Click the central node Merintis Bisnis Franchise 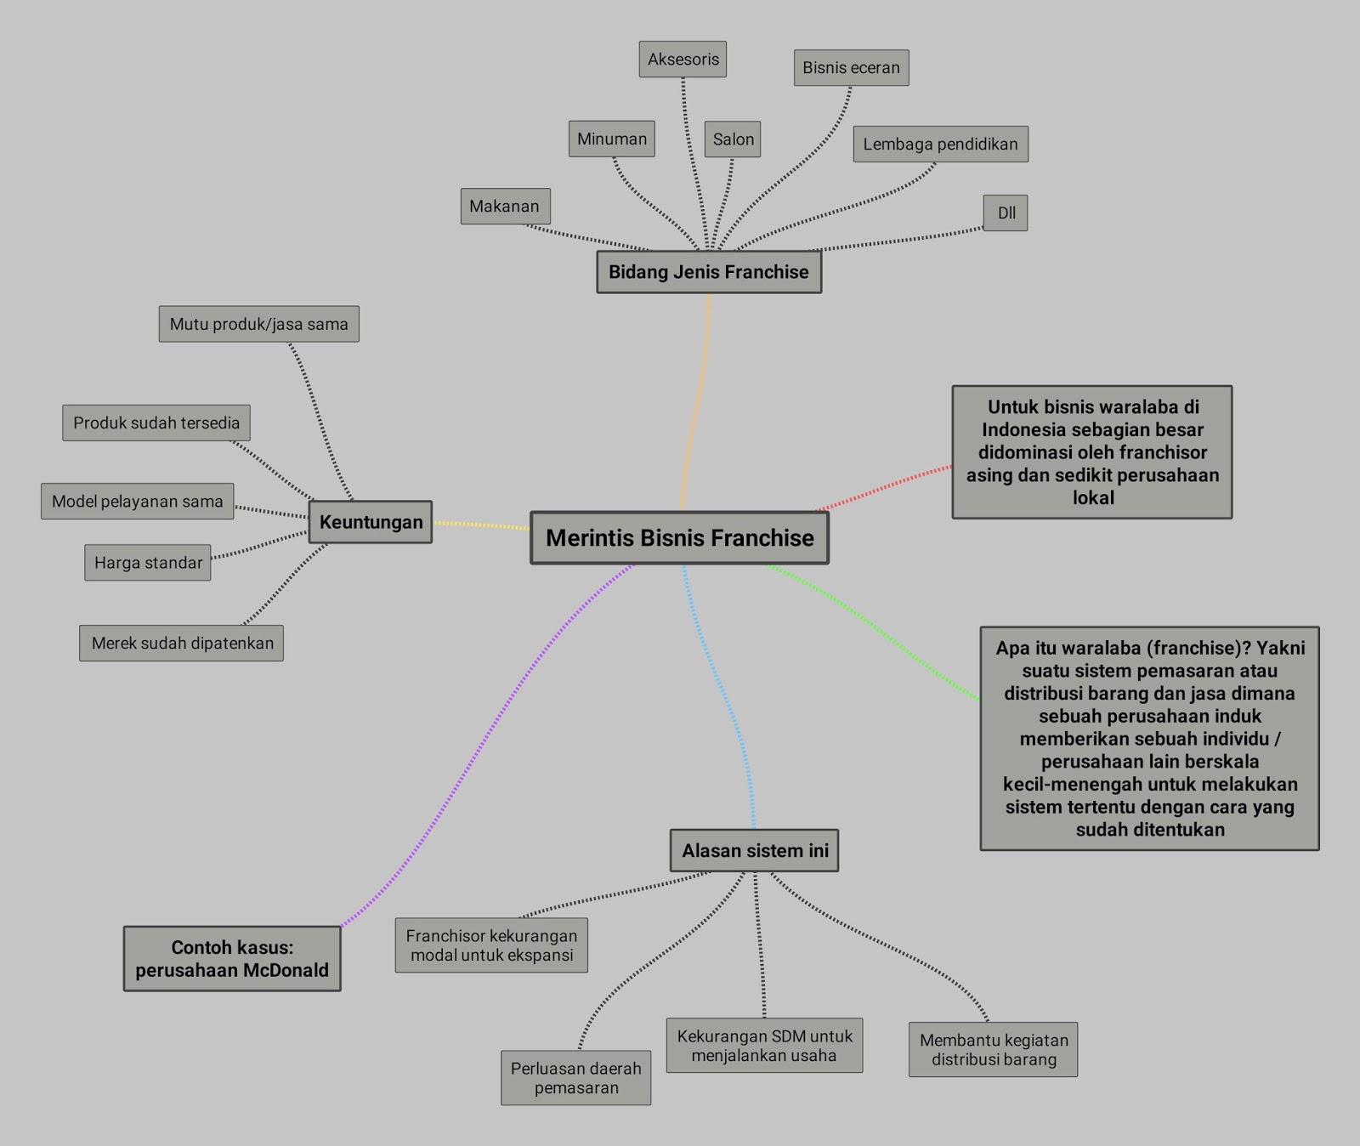click(x=679, y=538)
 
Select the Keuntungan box click(x=371, y=522)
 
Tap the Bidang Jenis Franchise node click(x=709, y=272)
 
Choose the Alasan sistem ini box click(x=755, y=851)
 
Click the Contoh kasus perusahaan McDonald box click(x=232, y=959)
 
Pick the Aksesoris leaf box click(x=683, y=60)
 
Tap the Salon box click(x=733, y=139)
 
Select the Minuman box click(x=611, y=139)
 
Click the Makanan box click(x=505, y=207)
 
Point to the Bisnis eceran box click(x=851, y=68)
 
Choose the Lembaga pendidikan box click(x=940, y=145)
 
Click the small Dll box click(x=1006, y=213)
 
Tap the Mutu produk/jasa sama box click(x=258, y=324)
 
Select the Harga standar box click(x=148, y=563)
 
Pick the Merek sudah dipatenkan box click(x=182, y=644)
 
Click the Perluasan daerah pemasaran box click(x=575, y=1078)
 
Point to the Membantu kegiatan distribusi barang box click(x=993, y=1050)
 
